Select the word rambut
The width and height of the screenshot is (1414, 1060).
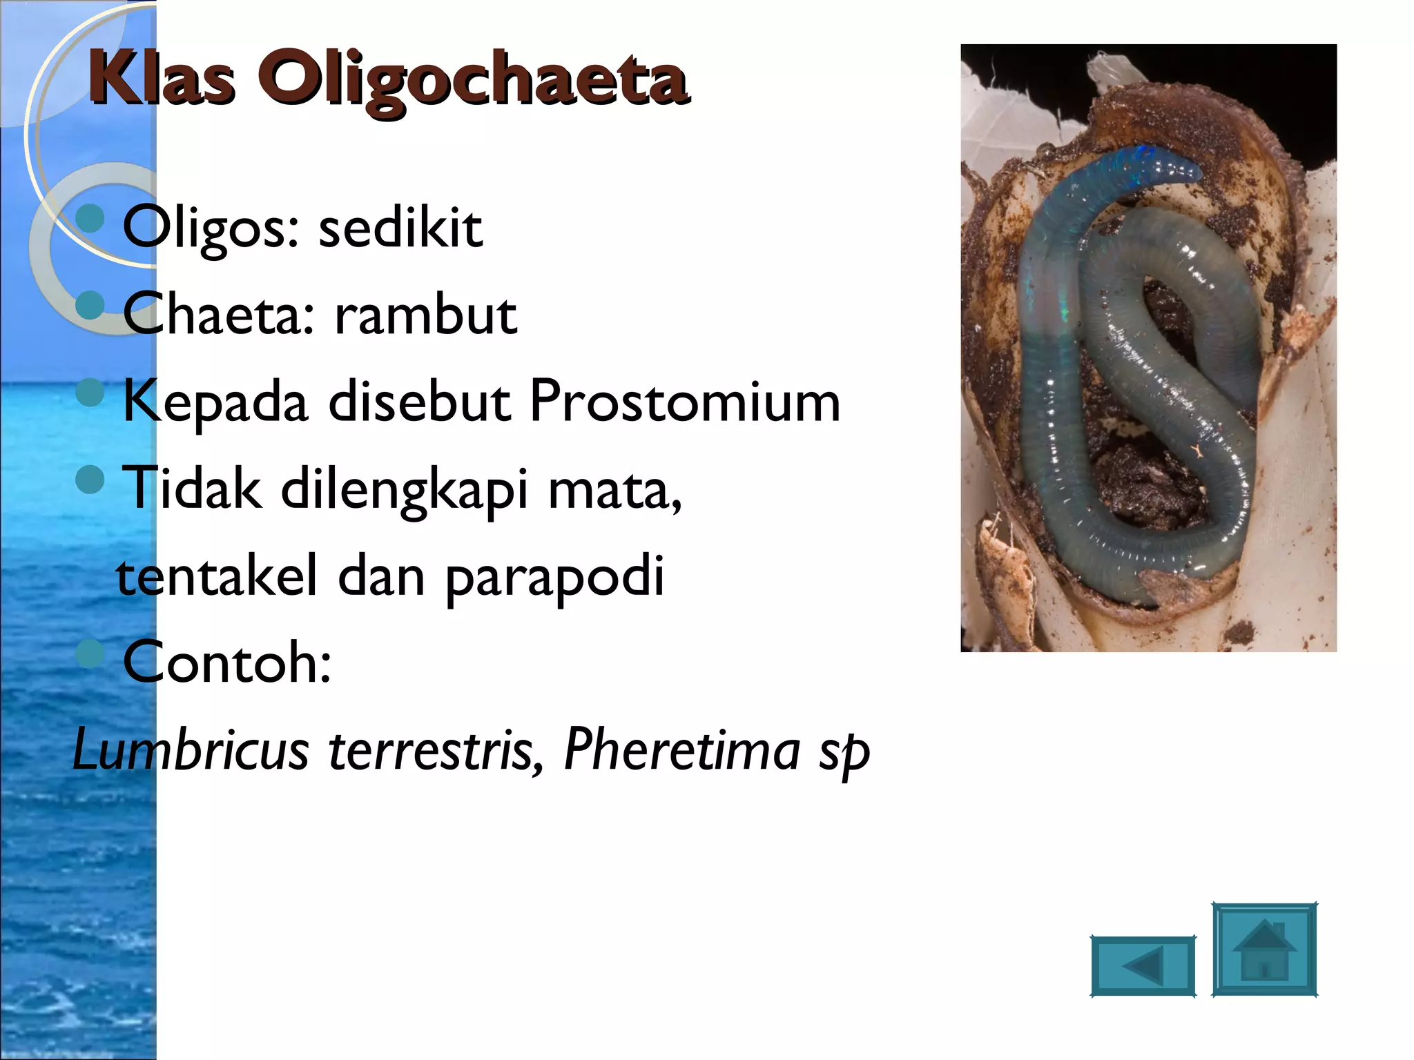pos(425,315)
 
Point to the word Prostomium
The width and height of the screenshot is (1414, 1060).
pos(685,402)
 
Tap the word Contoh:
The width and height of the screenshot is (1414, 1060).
pos(227,662)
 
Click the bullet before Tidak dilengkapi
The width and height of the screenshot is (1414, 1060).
pos(90,479)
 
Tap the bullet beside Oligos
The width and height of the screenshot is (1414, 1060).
pos(90,219)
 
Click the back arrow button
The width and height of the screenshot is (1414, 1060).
pos(1143,965)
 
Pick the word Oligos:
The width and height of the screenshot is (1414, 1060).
pos(211,229)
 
